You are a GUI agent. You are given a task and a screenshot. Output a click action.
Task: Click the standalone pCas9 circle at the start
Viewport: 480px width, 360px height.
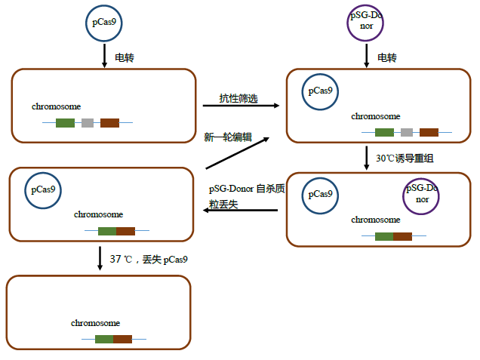tap(103, 23)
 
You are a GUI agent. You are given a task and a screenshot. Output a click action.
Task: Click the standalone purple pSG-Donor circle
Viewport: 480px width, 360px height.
tap(366, 23)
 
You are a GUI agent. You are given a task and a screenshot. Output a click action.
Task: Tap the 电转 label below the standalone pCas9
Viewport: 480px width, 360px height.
tap(124, 57)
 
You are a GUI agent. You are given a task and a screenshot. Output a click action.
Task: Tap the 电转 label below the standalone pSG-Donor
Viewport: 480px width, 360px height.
tap(387, 57)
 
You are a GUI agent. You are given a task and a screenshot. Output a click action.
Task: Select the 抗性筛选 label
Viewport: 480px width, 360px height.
tap(238, 98)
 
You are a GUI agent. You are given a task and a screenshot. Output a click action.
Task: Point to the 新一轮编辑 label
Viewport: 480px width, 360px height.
tap(228, 137)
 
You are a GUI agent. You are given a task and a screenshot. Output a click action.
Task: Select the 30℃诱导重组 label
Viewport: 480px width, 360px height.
tap(405, 158)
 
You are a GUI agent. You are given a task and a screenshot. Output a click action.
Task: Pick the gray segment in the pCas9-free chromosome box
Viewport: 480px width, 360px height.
tap(88, 122)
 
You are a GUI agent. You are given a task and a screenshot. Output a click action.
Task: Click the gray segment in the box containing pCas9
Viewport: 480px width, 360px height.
tap(407, 132)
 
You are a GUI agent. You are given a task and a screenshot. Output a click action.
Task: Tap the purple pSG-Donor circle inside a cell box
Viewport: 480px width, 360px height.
tap(421, 195)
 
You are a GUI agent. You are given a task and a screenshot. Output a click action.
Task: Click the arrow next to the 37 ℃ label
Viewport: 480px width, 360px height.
tap(100, 258)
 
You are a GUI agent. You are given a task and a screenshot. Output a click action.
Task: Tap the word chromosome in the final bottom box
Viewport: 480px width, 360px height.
tap(96, 323)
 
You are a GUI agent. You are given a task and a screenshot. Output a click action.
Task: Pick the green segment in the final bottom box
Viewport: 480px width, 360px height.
tap(104, 339)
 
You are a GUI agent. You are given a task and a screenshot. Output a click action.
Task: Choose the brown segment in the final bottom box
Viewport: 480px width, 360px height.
tap(122, 339)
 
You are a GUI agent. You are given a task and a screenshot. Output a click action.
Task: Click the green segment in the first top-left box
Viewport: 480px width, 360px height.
tap(65, 122)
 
